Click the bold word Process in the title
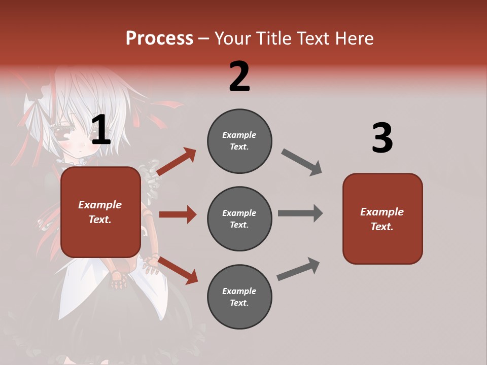point(159,38)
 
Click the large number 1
point(100,130)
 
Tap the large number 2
point(239,77)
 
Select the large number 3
point(382,138)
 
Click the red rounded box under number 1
point(100,212)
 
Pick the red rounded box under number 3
point(382,218)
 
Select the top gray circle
point(239,141)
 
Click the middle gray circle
point(239,218)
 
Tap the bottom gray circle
point(239,297)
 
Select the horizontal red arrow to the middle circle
point(178,214)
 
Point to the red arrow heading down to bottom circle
point(178,270)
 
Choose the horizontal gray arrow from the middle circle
point(300,213)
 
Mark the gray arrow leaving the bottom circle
point(298,269)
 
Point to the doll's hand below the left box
point(118,279)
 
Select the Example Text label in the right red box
point(382,219)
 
